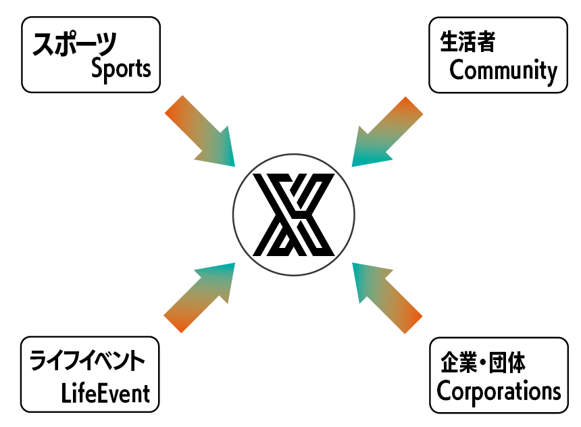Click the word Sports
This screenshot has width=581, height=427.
pyautogui.click(x=121, y=68)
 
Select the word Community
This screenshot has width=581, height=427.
pyautogui.click(x=503, y=70)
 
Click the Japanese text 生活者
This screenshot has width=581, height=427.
pyautogui.click(x=468, y=43)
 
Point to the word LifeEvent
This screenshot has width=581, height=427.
pyautogui.click(x=105, y=392)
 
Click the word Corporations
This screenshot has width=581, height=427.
pyautogui.click(x=499, y=391)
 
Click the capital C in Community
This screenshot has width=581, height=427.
pyautogui.click(x=457, y=70)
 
